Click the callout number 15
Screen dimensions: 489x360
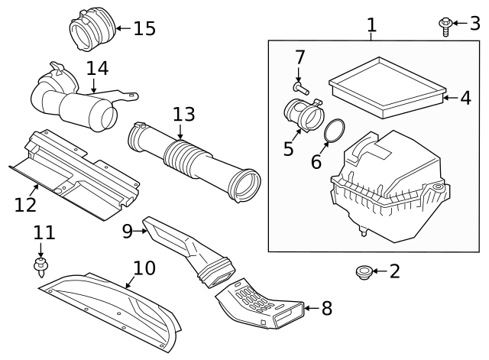(x=144, y=28)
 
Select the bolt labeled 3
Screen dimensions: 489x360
(x=445, y=27)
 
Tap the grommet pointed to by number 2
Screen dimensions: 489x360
(x=364, y=272)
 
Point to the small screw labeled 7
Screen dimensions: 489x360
(x=301, y=89)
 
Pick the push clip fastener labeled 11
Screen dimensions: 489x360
(x=40, y=267)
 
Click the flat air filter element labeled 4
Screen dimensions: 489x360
(x=387, y=88)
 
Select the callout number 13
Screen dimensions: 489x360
(x=184, y=115)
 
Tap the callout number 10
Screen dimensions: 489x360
(x=144, y=268)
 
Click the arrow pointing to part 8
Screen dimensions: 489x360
(x=311, y=308)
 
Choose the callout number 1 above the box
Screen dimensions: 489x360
(x=371, y=24)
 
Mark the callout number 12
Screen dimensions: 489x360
(x=25, y=205)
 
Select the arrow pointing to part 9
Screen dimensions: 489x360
(x=139, y=231)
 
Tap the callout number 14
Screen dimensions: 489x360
(x=97, y=69)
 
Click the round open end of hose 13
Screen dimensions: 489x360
(x=244, y=186)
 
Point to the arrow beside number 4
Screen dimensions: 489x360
(x=450, y=98)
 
